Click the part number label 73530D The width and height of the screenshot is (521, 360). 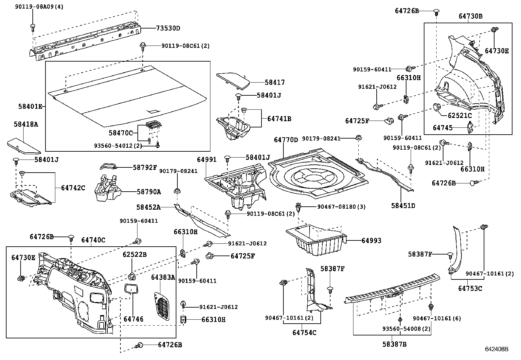pos(168,28)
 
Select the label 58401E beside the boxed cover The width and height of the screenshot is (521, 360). pos(30,106)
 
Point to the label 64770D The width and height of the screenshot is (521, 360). pos(286,140)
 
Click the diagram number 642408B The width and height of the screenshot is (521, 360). pos(496,350)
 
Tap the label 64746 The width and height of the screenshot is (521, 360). pos(133,319)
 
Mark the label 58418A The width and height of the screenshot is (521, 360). pos(26,124)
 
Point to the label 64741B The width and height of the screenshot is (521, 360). pos(279,119)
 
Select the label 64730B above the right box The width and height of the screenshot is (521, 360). pos(470,16)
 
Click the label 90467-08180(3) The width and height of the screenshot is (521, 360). pos(341,207)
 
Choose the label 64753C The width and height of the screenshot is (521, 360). pos(470,288)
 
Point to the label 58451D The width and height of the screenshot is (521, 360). pos(403,206)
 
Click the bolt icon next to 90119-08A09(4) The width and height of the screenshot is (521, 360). pos(33,27)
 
